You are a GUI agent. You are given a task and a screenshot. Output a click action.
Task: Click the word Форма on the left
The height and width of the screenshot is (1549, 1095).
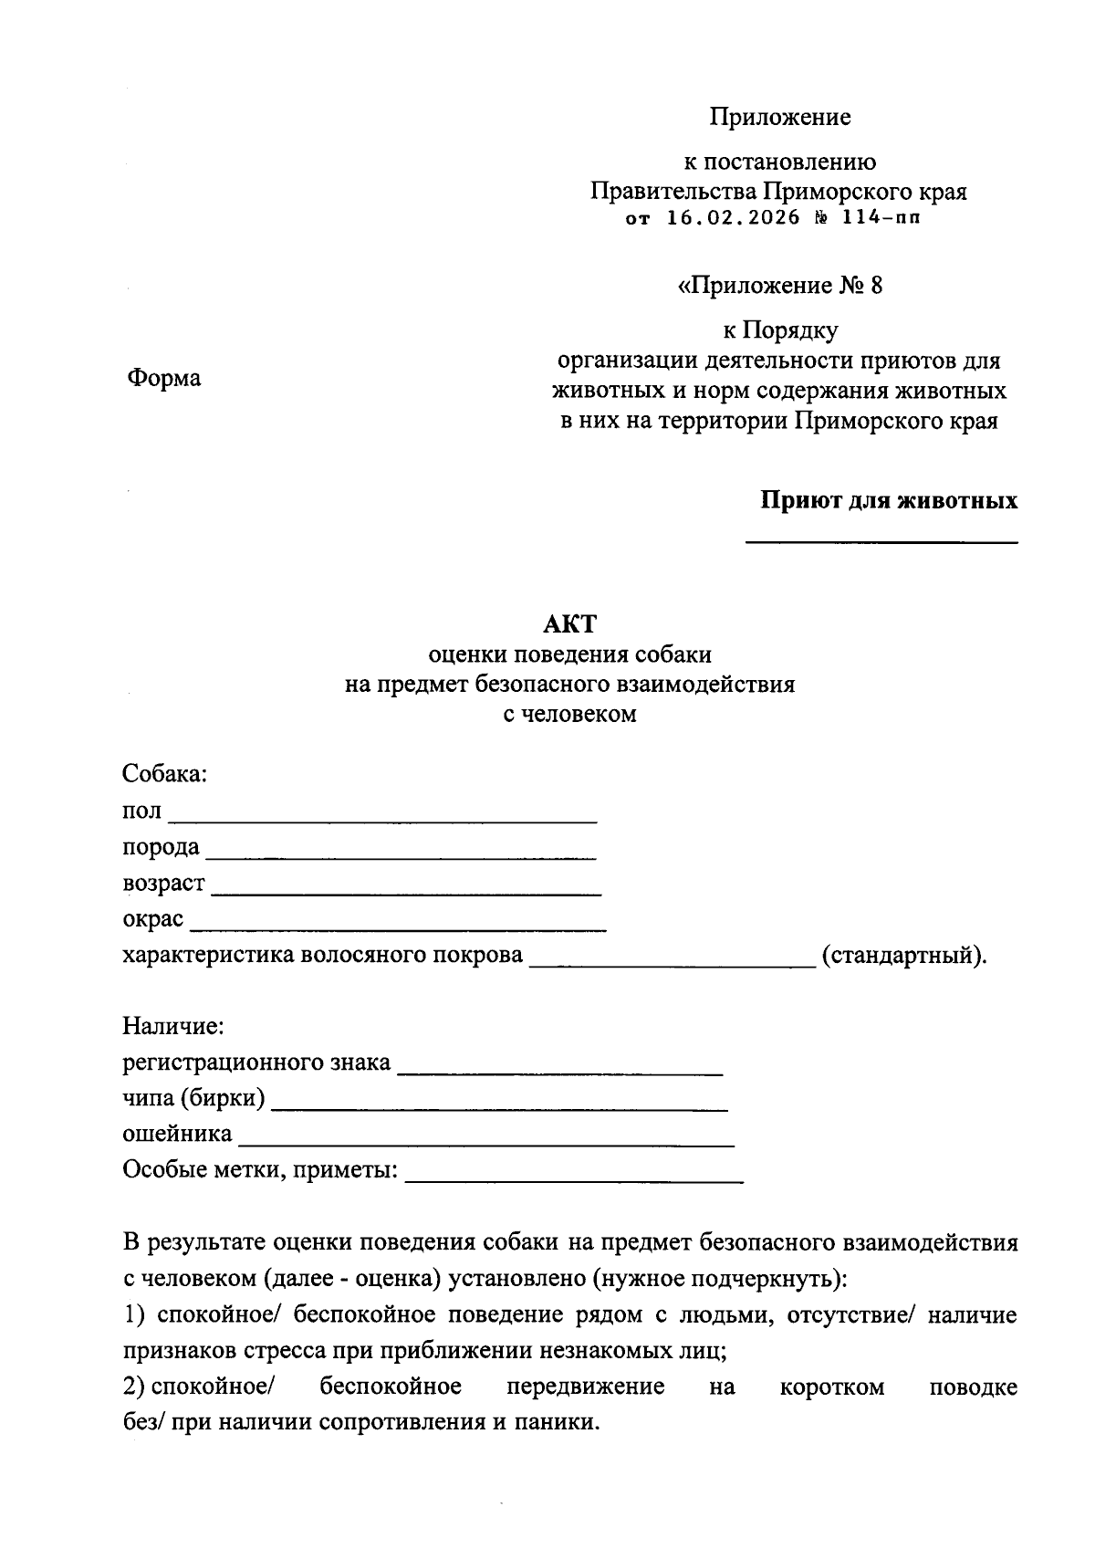(x=164, y=378)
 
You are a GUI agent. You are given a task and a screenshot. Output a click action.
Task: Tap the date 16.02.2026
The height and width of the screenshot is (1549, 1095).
(x=734, y=218)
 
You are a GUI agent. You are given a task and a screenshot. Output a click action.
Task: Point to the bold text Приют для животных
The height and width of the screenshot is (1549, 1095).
(x=889, y=501)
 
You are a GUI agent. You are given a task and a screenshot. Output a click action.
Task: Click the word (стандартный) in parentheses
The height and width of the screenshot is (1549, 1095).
(x=903, y=956)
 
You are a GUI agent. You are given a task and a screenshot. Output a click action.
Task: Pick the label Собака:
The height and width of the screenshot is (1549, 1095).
(x=165, y=774)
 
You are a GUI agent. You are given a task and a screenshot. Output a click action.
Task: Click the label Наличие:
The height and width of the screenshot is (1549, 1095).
(x=173, y=1026)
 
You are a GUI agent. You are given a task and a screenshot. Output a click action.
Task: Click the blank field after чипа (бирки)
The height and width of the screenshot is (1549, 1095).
(x=500, y=1106)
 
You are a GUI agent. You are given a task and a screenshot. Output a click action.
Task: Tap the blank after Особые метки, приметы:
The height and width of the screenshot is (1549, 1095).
(x=574, y=1178)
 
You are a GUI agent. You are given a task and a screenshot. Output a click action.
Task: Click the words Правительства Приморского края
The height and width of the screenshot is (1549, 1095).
(x=778, y=193)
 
